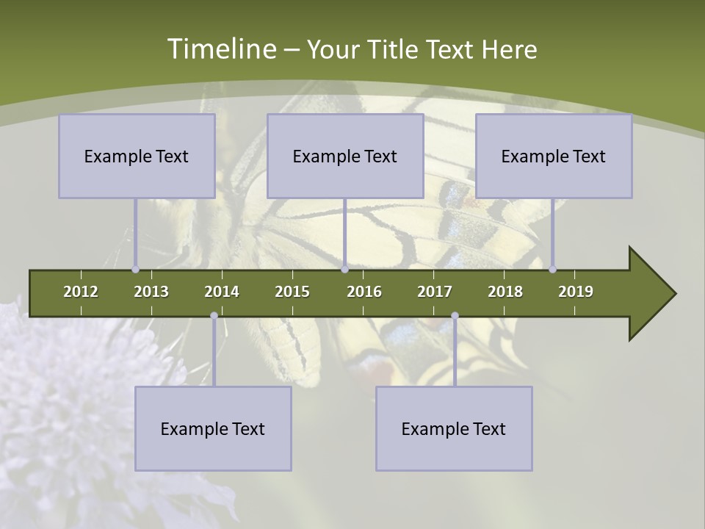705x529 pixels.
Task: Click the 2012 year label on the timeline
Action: tap(81, 292)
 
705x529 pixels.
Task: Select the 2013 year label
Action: tap(151, 292)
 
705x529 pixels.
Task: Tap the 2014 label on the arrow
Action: tap(222, 292)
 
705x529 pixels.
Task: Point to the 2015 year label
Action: tap(292, 292)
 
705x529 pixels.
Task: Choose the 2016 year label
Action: tap(364, 292)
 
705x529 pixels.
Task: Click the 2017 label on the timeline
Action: tap(435, 292)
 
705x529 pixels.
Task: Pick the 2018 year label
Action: tap(505, 292)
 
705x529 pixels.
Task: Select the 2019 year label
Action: tap(576, 292)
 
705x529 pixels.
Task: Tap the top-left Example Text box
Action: tap(137, 156)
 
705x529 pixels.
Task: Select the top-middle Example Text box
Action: tap(345, 156)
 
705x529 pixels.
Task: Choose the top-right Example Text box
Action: tap(554, 156)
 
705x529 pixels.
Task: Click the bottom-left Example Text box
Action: tap(213, 428)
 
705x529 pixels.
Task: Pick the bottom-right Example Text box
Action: tap(454, 428)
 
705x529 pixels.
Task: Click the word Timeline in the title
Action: tap(220, 49)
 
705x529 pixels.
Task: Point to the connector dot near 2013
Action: tap(135, 270)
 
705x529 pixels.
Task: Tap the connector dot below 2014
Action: tap(214, 316)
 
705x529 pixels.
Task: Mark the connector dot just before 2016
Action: tap(344, 270)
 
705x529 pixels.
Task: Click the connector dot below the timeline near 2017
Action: tap(455, 316)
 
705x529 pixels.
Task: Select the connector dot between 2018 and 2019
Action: tap(553, 270)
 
